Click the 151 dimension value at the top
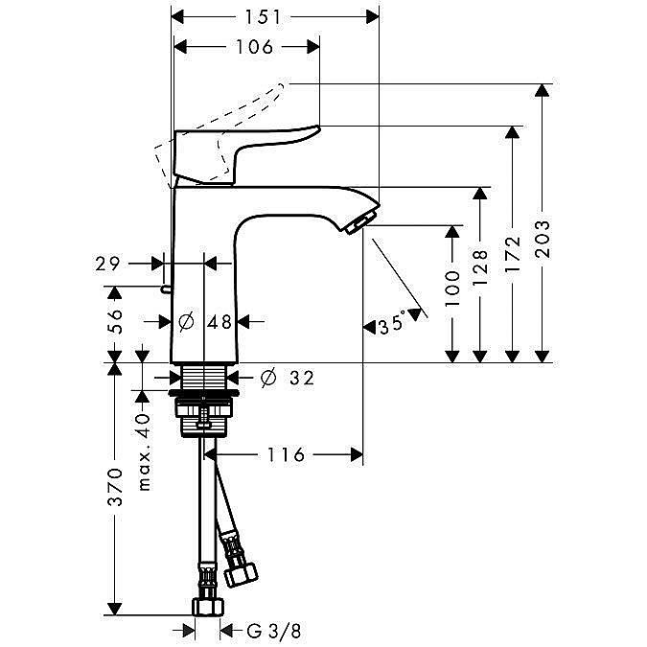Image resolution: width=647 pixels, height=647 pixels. coord(263,17)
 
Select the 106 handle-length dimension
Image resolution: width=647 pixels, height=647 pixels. coord(254,47)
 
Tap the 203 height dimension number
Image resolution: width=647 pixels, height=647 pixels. coord(543,240)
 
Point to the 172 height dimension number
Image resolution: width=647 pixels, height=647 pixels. coord(513,254)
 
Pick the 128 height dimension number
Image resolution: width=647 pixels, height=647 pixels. coord(480,267)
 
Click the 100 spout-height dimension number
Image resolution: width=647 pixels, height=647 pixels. coord(452,289)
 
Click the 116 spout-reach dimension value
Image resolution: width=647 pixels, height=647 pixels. coord(286,454)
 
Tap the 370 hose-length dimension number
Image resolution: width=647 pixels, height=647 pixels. coord(115,487)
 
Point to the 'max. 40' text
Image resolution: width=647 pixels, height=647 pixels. coord(144,451)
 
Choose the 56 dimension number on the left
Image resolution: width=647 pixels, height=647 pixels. coord(115,321)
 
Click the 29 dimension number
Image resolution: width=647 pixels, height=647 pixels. coord(107,264)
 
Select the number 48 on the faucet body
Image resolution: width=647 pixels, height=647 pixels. coord(220,322)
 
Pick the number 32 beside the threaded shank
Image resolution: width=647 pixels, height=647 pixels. coord(302,378)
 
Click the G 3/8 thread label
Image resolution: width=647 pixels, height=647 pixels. coord(274,631)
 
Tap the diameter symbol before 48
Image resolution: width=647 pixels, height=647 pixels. coord(187,321)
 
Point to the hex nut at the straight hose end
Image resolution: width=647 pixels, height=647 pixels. coord(208,607)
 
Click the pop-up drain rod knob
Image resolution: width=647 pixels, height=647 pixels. coord(166,289)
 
